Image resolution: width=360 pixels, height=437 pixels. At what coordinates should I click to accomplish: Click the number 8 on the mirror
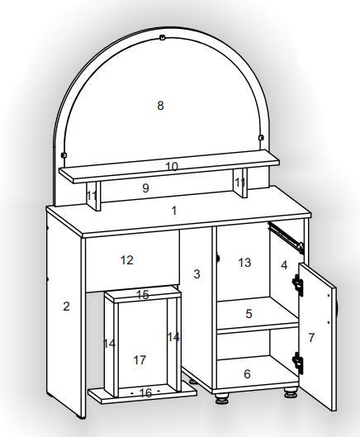point(160,106)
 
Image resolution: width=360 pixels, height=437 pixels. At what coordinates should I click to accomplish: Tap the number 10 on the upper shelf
point(172,167)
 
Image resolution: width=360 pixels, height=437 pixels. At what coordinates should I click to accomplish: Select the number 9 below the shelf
point(145,188)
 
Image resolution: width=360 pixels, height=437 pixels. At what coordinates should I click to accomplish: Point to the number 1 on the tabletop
point(174,211)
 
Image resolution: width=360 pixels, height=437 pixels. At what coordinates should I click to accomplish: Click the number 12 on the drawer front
point(127,260)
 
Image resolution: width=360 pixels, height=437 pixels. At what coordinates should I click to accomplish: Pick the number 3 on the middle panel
point(197,274)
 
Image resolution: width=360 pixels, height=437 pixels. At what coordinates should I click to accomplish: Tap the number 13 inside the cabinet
point(244,263)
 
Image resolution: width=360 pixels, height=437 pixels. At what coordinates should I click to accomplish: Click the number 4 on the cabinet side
point(284,265)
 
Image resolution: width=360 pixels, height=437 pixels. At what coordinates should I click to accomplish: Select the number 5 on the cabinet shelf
point(249,314)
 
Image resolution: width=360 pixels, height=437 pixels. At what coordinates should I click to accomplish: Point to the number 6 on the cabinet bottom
point(247,374)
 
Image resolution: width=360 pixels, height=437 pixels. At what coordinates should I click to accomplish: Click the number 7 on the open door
point(311,338)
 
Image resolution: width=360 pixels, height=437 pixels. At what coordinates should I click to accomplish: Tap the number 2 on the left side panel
point(66,306)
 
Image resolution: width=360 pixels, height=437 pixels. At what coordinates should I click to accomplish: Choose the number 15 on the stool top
point(143,295)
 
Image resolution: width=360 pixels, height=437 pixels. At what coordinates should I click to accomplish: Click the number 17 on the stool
point(140,360)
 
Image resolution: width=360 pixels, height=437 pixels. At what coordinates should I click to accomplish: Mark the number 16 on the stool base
point(145,393)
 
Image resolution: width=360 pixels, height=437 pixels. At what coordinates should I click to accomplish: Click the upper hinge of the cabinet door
point(297,285)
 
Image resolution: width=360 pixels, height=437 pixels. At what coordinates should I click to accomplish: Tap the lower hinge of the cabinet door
point(297,363)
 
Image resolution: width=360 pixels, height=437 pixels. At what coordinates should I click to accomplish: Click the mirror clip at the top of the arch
point(162,37)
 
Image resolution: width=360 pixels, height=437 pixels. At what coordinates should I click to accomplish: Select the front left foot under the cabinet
point(222,397)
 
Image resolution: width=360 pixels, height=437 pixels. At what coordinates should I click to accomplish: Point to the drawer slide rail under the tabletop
point(287,237)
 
